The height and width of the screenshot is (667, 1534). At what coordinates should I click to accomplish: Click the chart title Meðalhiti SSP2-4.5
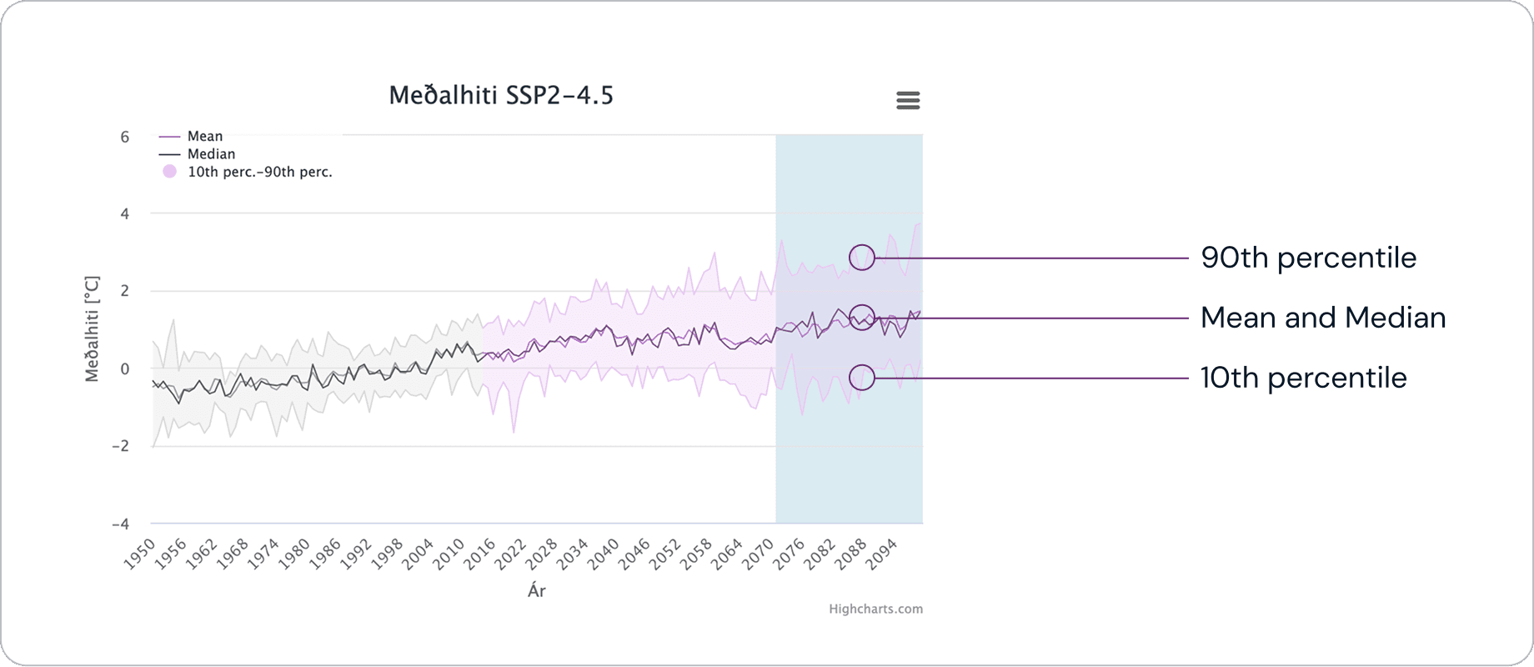501,96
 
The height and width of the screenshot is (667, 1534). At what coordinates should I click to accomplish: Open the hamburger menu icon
908,101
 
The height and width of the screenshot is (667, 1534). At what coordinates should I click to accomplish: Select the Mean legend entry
204,136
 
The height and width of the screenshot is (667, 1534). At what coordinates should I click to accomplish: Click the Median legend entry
211,154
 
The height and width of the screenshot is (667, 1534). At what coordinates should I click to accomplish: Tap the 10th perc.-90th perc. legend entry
259,173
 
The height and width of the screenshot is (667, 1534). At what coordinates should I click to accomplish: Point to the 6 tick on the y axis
125,137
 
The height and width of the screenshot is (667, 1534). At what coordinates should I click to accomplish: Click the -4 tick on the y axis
121,524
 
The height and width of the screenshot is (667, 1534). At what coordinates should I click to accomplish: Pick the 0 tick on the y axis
125,369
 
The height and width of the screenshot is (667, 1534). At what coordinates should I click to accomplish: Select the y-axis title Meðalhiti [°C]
92,329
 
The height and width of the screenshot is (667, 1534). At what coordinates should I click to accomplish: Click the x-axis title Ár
537,591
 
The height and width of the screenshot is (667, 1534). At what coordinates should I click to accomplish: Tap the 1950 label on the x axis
140,554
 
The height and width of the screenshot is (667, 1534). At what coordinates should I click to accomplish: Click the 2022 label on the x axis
510,554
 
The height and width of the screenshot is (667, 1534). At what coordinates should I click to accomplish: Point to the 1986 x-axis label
325,554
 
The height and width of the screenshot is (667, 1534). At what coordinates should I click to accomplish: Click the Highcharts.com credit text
875,609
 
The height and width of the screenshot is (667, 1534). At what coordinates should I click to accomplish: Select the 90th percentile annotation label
1308,258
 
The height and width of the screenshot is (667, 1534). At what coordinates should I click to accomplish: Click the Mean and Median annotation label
1323,318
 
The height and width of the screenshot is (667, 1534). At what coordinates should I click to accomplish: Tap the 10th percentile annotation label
1303,378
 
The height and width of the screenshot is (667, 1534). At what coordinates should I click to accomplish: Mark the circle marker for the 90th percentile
862,258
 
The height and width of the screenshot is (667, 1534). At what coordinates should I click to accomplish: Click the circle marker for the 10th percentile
862,378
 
